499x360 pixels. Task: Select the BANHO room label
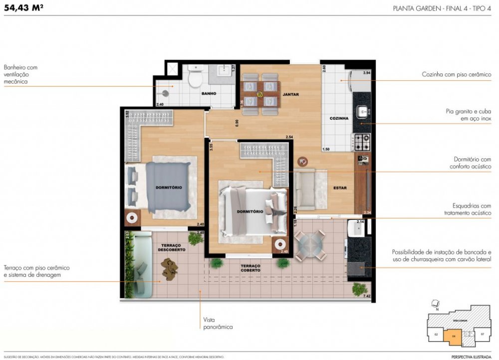pyautogui.click(x=208, y=93)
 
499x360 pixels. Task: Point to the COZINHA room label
pyautogui.click(x=338, y=118)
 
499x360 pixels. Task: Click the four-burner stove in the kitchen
pyautogui.click(x=362, y=142)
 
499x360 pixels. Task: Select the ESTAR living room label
pyautogui.click(x=340, y=188)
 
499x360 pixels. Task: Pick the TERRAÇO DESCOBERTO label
pyautogui.click(x=174, y=247)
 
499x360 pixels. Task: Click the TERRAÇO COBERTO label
pyautogui.click(x=250, y=268)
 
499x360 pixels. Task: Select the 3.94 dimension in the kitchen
pyautogui.click(x=367, y=73)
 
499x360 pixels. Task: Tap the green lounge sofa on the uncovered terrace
pyautogui.click(x=137, y=264)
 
